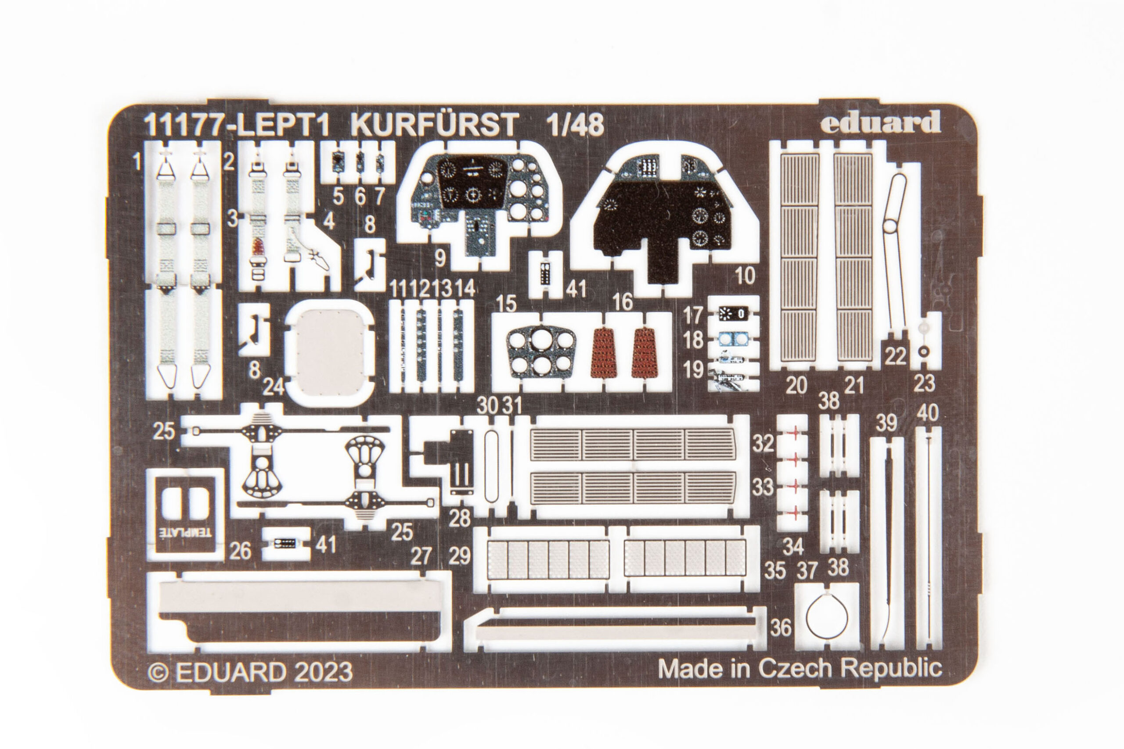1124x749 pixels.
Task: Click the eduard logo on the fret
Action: pyautogui.click(x=881, y=124)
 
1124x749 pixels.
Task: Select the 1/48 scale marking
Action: pyautogui.click(x=575, y=125)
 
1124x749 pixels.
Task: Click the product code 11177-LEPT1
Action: pyautogui.click(x=237, y=125)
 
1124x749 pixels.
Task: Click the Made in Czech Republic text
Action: pyautogui.click(x=800, y=668)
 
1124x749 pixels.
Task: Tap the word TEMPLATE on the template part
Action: pyautogui.click(x=185, y=532)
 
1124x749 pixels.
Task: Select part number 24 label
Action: pyautogui.click(x=274, y=386)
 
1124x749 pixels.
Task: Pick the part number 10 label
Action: pyautogui.click(x=745, y=276)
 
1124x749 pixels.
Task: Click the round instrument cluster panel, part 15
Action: pyautogui.click(x=541, y=351)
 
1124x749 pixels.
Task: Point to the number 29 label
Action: pyautogui.click(x=460, y=555)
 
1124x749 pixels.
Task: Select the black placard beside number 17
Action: pyautogui.click(x=732, y=313)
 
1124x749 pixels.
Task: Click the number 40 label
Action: pyautogui.click(x=928, y=413)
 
